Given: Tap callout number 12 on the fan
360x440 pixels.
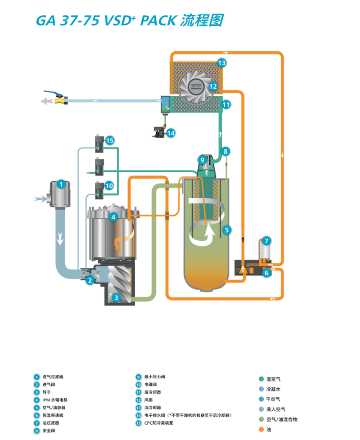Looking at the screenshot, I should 213,85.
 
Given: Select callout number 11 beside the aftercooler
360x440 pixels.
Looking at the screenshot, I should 226,104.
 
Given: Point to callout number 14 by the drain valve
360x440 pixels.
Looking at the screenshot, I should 171,133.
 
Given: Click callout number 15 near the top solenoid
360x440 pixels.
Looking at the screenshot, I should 110,140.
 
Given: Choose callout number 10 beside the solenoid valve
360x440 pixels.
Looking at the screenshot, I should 109,185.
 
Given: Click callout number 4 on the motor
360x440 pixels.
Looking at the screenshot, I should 114,217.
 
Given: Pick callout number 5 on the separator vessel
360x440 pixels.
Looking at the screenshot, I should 227,229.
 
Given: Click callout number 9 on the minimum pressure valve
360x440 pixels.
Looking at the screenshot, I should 202,159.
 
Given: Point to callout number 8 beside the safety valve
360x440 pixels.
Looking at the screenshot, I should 226,151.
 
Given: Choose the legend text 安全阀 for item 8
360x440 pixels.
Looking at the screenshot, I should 49,431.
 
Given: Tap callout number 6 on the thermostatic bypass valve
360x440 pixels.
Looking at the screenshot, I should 266,273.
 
